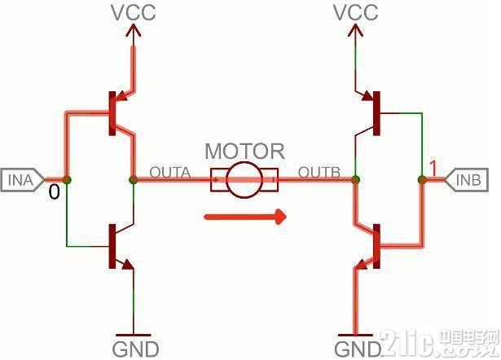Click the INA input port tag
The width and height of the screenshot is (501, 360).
coord(22,180)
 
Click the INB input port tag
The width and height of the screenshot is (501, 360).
coord(467,180)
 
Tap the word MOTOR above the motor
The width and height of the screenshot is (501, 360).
coord(244,151)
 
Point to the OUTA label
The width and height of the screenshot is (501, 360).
coord(170,173)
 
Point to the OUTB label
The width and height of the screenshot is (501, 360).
coord(319,173)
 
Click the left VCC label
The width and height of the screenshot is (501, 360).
coord(134,13)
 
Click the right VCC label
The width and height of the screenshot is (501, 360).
coord(356,13)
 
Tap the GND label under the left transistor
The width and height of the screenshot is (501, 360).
coord(135,349)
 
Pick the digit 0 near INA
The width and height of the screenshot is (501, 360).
coord(54,192)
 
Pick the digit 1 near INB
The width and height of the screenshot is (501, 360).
coord(433,169)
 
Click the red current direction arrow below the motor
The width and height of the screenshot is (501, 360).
coord(245,217)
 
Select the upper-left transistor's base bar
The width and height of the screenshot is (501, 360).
coord(112,113)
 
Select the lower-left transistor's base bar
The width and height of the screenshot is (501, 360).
coord(112,246)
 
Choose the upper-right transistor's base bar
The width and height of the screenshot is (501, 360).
coord(376,113)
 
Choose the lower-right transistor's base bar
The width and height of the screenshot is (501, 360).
coord(376,246)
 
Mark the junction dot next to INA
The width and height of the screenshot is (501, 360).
coord(67,180)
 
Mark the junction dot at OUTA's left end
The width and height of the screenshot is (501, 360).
coord(134,180)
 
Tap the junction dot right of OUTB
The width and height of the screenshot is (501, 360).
coord(355,180)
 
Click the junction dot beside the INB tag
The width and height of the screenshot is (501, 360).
coord(422,180)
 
